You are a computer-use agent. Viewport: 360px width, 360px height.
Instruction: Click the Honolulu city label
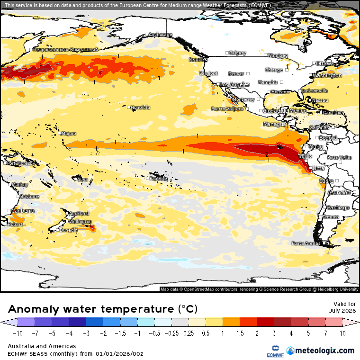click(140, 108)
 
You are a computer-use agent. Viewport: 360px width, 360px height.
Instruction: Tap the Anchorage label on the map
click(160, 35)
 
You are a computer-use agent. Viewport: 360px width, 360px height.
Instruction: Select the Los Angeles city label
click(235, 84)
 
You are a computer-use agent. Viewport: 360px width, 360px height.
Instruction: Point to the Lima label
click(319, 169)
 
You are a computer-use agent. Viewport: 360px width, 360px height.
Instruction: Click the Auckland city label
click(79, 214)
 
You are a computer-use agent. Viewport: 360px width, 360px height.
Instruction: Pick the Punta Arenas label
click(306, 243)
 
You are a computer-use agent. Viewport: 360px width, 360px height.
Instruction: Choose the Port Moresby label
click(21, 163)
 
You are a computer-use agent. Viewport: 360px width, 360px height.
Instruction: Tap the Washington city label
click(327, 75)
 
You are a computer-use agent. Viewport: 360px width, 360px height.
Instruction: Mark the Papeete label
click(158, 179)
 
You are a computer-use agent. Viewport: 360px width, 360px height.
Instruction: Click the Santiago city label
click(339, 208)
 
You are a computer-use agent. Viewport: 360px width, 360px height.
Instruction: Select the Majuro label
click(69, 134)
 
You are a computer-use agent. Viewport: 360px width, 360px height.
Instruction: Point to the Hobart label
click(16, 224)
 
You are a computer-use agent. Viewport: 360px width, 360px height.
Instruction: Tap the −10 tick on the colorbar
click(9, 333)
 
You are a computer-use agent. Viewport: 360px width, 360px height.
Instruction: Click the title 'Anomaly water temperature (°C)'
click(103, 309)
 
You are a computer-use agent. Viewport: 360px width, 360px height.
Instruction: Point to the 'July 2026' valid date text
click(342, 311)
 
